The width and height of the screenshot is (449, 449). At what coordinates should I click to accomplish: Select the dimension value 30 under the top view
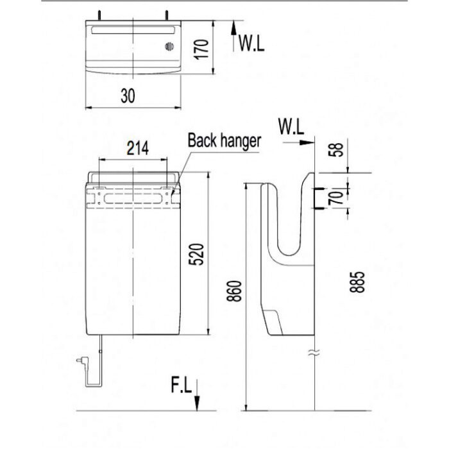point(128,96)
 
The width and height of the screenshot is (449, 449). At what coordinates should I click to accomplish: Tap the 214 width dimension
point(136,148)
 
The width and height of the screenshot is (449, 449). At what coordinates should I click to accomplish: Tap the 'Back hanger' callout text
point(224,140)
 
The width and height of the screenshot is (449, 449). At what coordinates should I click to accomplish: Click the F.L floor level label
point(181,386)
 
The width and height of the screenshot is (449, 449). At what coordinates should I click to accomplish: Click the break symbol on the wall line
point(314,352)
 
